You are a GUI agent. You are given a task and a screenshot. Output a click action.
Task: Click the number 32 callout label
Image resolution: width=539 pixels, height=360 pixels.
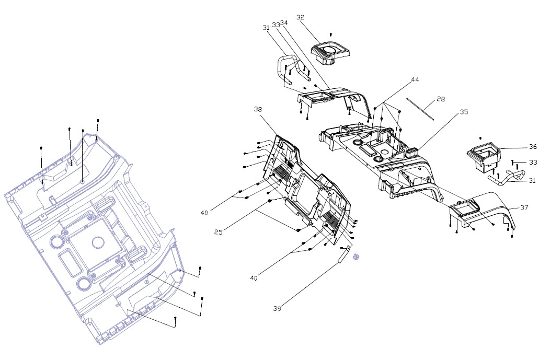click(300, 17)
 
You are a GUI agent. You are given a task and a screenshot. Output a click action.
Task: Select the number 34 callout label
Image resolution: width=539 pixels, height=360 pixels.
click(284, 23)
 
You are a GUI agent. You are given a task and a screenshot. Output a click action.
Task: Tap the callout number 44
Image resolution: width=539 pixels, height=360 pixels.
click(415, 79)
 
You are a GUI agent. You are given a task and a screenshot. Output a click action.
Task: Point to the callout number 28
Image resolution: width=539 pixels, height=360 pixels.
click(441, 99)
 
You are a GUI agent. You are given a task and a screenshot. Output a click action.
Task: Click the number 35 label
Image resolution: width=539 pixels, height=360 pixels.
click(464, 112)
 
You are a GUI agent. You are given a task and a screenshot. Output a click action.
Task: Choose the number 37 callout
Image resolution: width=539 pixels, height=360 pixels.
click(524, 207)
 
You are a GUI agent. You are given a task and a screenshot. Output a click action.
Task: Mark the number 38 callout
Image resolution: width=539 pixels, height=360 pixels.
click(258, 109)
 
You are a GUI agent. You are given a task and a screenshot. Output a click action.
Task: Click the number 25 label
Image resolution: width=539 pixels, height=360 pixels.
click(219, 231)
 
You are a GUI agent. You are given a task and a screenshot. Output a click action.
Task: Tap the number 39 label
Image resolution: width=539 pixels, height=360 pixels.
click(277, 308)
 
